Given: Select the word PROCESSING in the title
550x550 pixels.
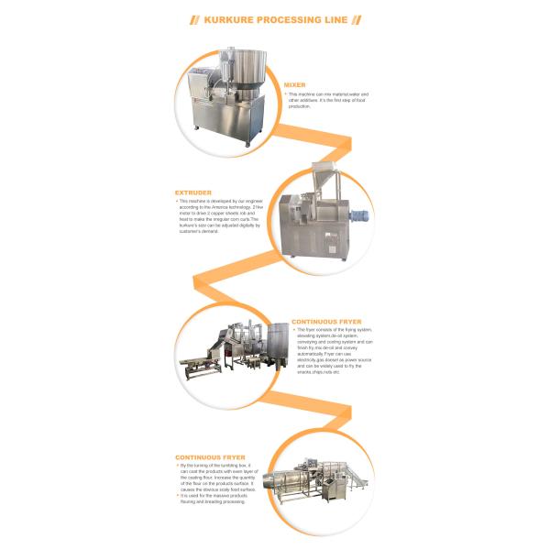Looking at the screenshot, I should [x=286, y=18].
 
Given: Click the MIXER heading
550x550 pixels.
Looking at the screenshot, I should [x=295, y=84].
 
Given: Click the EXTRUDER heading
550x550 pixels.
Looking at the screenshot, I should [x=193, y=192].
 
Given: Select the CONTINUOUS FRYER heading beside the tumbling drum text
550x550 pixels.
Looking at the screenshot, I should [x=207, y=456].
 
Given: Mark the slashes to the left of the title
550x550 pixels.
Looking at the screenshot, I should [x=193, y=18].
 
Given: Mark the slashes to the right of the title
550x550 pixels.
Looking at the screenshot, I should [x=356, y=18].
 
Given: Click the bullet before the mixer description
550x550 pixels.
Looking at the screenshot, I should [x=285, y=93].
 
